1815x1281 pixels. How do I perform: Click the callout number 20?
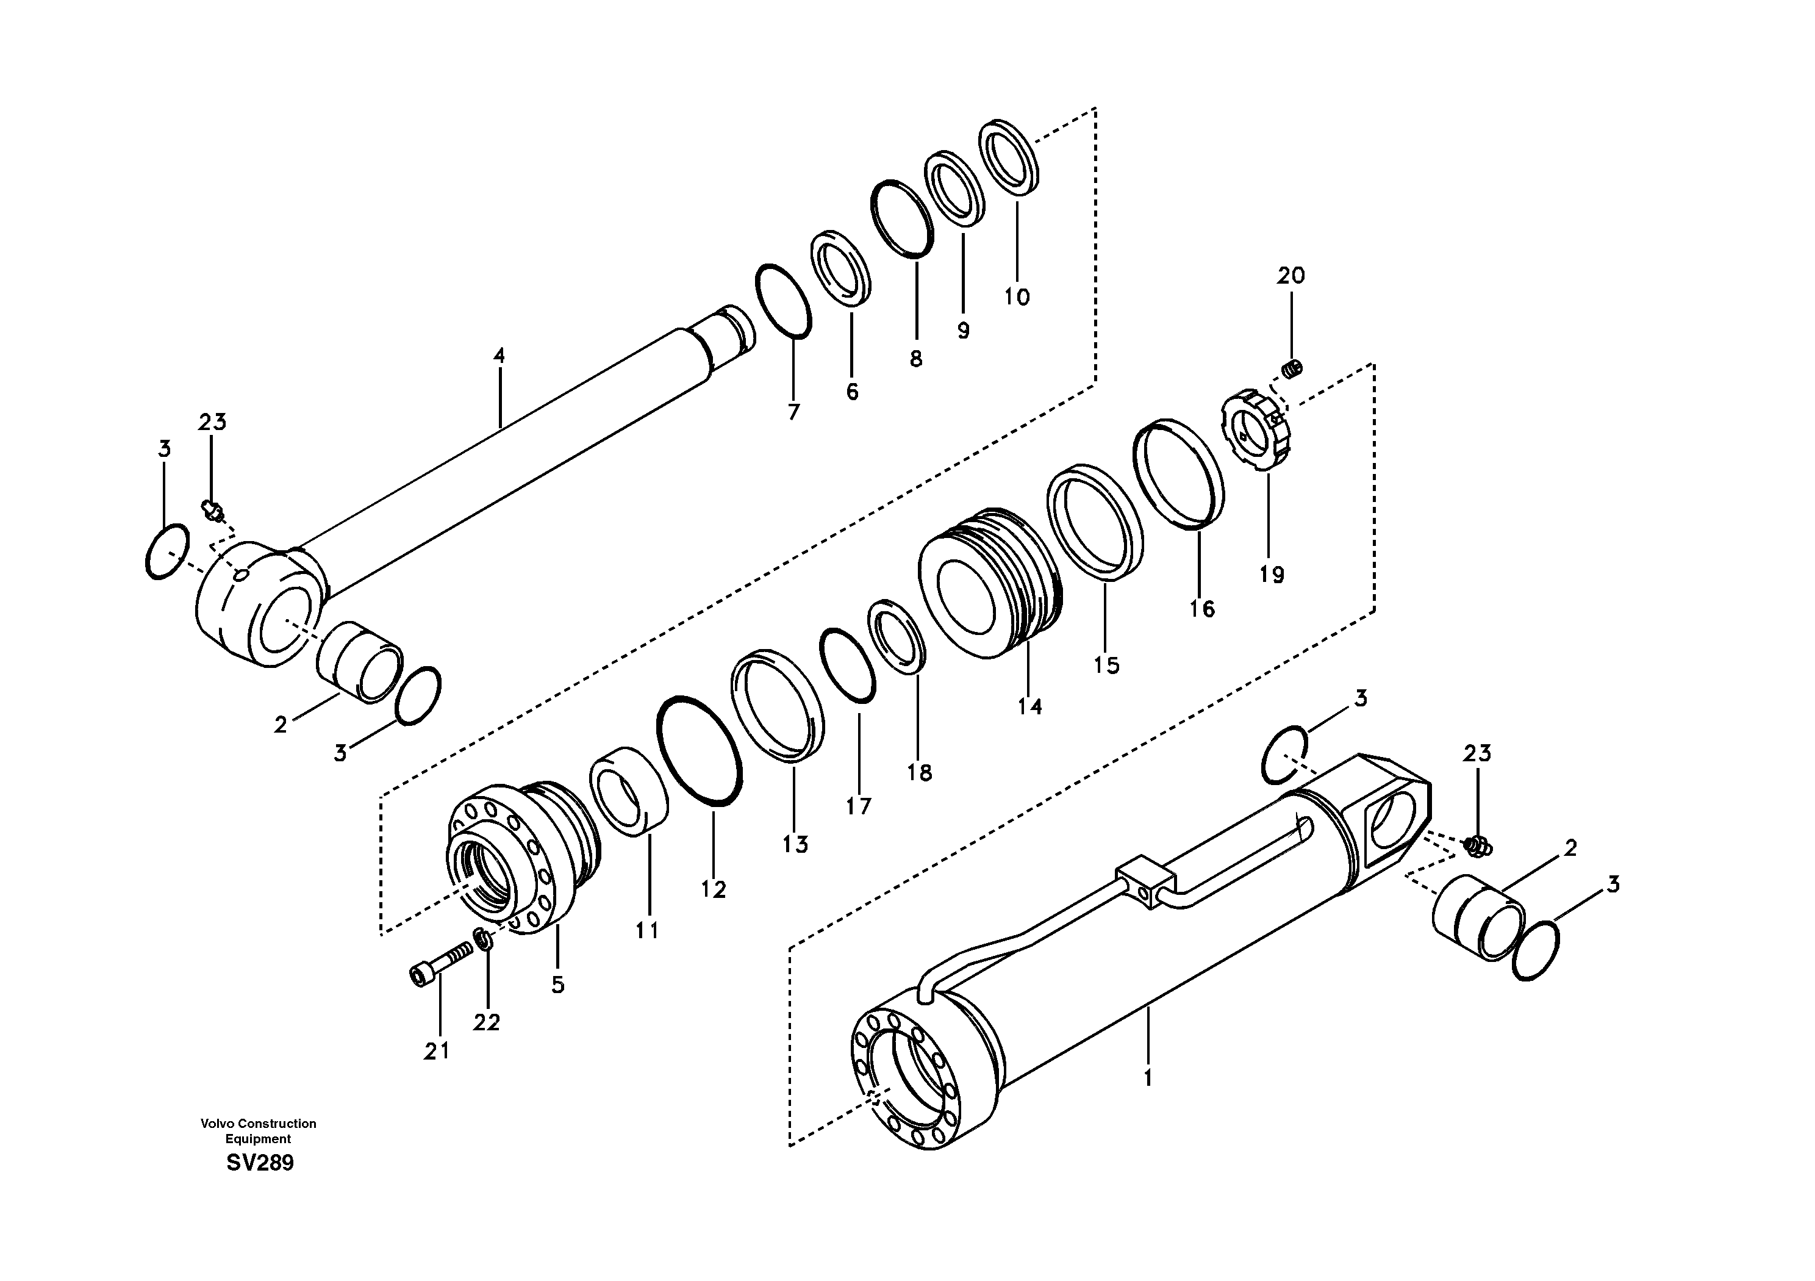(x=1291, y=276)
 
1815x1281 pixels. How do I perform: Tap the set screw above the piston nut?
(x=1292, y=368)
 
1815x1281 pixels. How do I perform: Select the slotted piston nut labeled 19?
(x=1260, y=432)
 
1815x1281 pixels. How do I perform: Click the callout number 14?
(x=1029, y=706)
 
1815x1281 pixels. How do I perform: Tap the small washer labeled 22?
(x=481, y=939)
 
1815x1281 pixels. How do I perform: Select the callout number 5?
(x=558, y=985)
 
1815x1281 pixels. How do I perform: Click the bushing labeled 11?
(x=629, y=791)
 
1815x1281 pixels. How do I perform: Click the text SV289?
(x=259, y=1163)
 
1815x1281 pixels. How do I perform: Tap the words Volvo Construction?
(x=258, y=1124)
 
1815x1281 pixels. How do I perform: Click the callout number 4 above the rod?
(x=499, y=356)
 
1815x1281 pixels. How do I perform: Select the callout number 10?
(x=1017, y=297)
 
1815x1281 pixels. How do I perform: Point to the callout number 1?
(x=1148, y=1078)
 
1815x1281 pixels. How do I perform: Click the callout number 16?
(x=1201, y=609)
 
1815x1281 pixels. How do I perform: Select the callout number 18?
(x=919, y=772)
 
